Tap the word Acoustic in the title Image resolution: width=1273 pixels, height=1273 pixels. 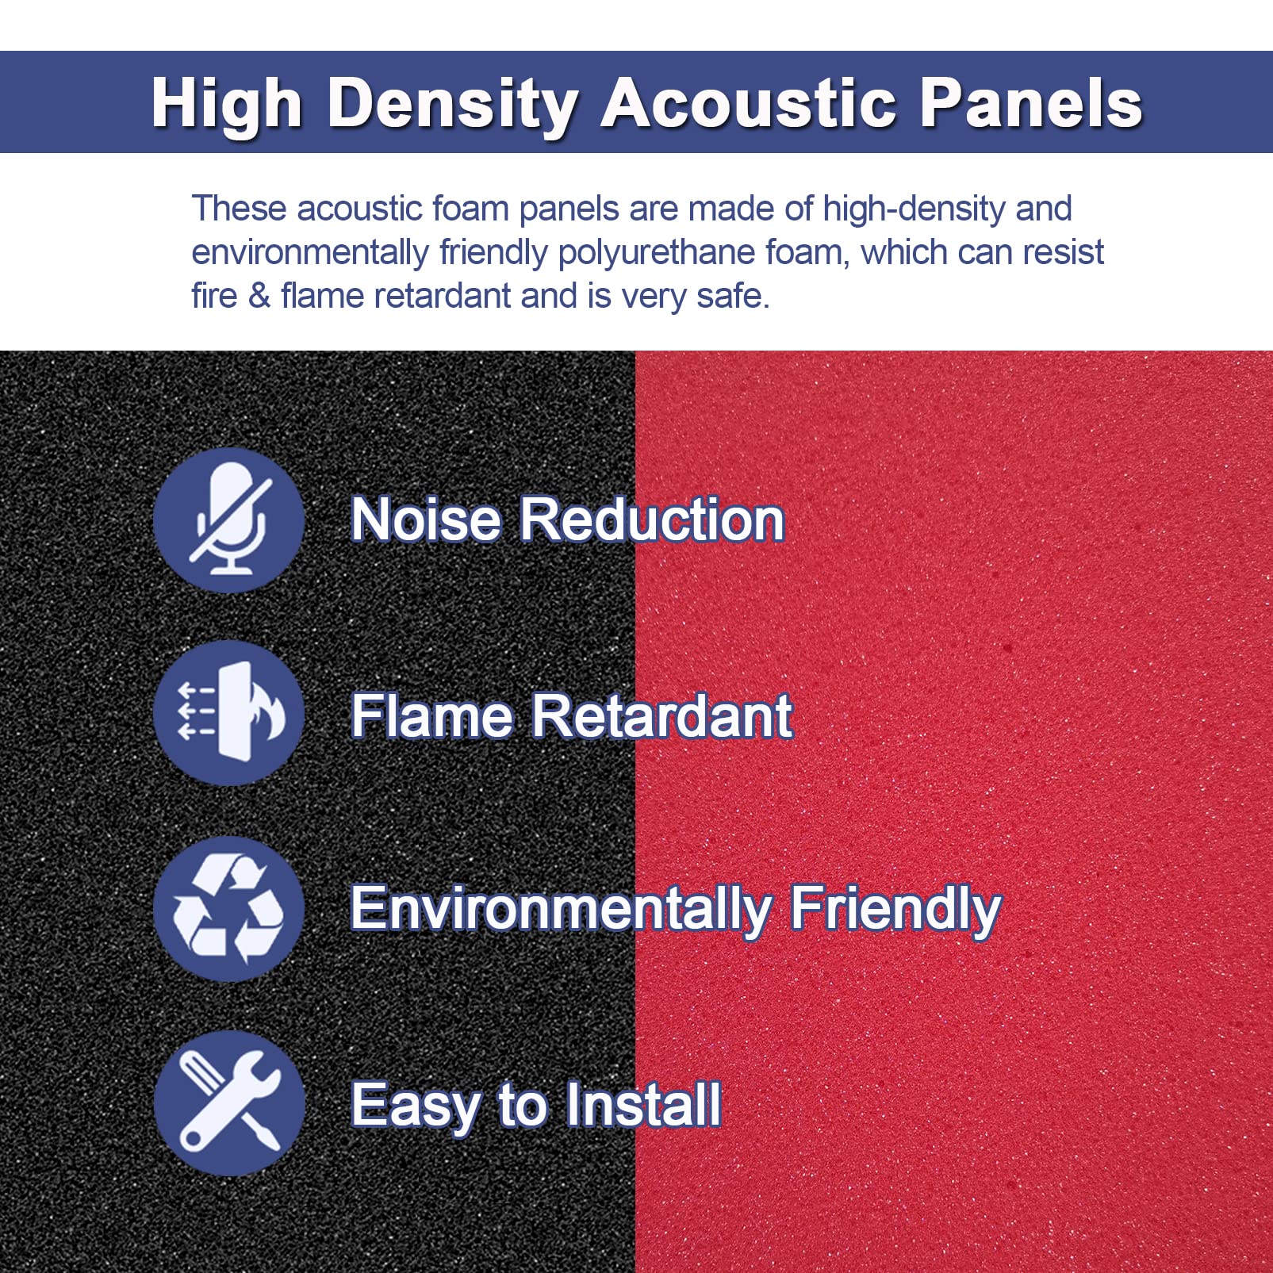pyautogui.click(x=748, y=102)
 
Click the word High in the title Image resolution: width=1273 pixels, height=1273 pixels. pyautogui.click(x=227, y=104)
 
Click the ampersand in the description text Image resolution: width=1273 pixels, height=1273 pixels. pyautogui.click(x=259, y=296)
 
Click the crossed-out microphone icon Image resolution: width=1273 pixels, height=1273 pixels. pyautogui.click(x=229, y=520)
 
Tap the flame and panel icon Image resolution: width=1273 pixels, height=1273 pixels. pyautogui.click(x=229, y=712)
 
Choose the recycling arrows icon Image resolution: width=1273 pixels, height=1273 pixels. pyautogui.click(x=229, y=908)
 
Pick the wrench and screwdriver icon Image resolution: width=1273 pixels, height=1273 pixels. pyautogui.click(x=229, y=1102)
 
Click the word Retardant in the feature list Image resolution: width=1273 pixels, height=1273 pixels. pyautogui.click(x=661, y=716)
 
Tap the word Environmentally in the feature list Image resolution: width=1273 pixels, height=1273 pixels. pyautogui.click(x=561, y=910)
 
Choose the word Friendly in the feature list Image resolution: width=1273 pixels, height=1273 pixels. pyautogui.click(x=895, y=910)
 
